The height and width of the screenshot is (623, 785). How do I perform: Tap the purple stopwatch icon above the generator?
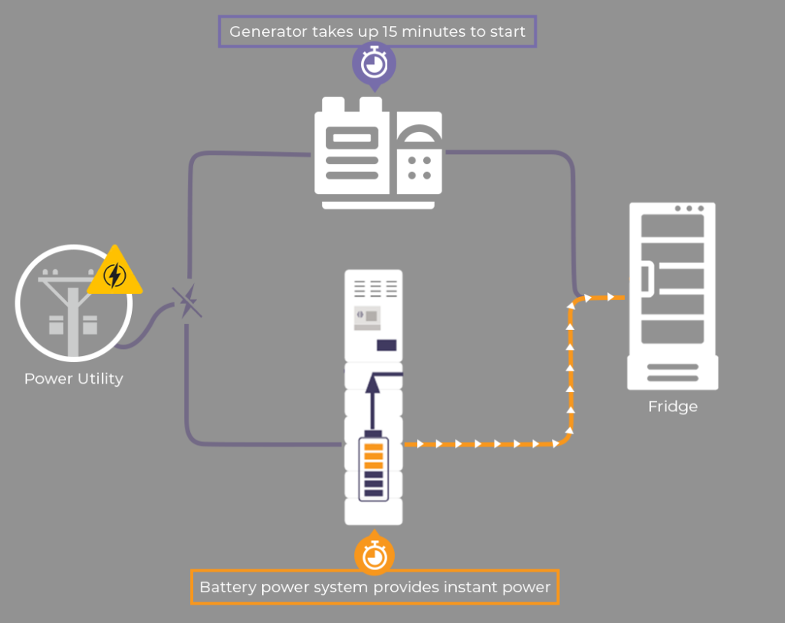[373, 63]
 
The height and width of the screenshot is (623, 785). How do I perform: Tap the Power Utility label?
[74, 378]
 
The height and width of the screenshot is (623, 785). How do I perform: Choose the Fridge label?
[672, 406]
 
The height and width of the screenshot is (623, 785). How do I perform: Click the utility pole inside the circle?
[73, 315]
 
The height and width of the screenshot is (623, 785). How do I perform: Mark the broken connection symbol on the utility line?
[186, 302]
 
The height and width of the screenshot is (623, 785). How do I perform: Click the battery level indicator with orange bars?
[373, 466]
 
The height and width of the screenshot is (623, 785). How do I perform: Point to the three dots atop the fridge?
[689, 209]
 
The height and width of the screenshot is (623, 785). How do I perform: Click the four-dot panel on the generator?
[419, 168]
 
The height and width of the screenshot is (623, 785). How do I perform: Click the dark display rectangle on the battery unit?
[386, 345]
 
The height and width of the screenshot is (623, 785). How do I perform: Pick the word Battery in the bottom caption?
[224, 588]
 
